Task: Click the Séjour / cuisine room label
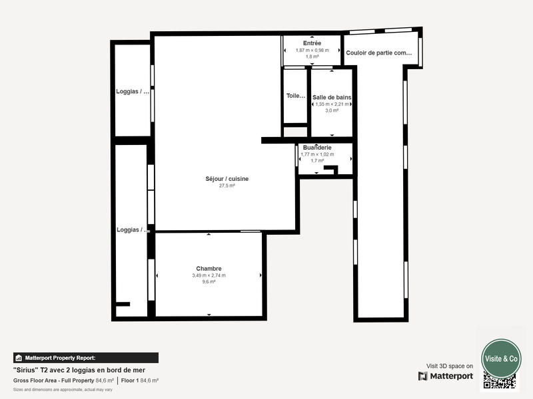pyautogui.click(x=227, y=178)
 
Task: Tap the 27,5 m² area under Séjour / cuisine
pyautogui.click(x=227, y=186)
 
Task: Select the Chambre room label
pyautogui.click(x=209, y=269)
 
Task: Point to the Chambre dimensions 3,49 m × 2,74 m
pyautogui.click(x=209, y=275)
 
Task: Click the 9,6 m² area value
pyautogui.click(x=209, y=282)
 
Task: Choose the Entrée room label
pyautogui.click(x=312, y=43)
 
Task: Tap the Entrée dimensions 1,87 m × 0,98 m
pyautogui.click(x=312, y=51)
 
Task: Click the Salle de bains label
pyautogui.click(x=332, y=97)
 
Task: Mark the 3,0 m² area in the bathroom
pyautogui.click(x=332, y=110)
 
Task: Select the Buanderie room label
pyautogui.click(x=317, y=147)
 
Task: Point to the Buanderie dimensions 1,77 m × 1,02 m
pyautogui.click(x=317, y=154)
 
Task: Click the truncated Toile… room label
pyautogui.click(x=295, y=96)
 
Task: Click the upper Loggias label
pyautogui.click(x=133, y=92)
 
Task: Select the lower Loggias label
pyautogui.click(x=133, y=229)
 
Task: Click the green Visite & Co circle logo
pyautogui.click(x=501, y=358)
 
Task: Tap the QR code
pyautogui.click(x=500, y=381)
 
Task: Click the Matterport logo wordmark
pyautogui.click(x=446, y=376)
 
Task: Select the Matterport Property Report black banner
pyautogui.click(x=85, y=357)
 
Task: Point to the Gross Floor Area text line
pyautogui.click(x=85, y=380)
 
